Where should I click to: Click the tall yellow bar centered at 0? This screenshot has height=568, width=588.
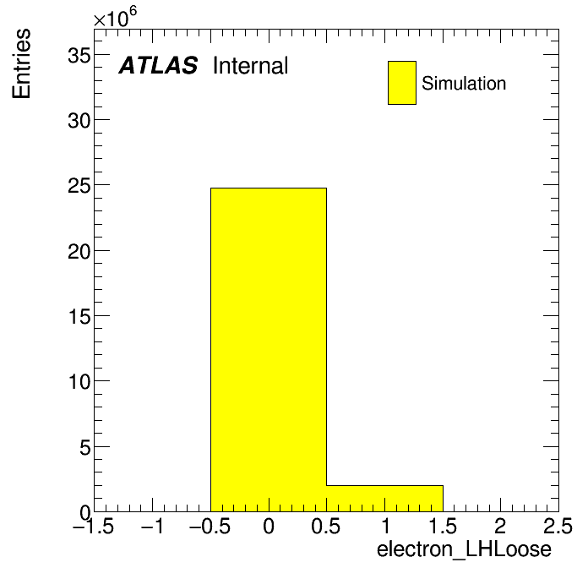tap(269, 350)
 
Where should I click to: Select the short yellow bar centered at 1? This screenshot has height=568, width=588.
tap(384, 499)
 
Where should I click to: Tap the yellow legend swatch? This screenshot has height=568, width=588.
tap(402, 83)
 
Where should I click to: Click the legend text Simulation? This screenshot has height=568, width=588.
tap(464, 84)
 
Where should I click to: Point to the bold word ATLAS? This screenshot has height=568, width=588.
tap(158, 65)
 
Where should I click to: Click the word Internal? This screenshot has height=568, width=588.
tap(251, 65)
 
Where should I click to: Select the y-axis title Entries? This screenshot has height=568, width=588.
tap(21, 63)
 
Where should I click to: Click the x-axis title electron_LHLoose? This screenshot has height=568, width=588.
tap(465, 550)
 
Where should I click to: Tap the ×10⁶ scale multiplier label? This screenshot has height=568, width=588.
tap(115, 17)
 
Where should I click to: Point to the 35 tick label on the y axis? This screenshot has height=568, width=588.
tap(79, 56)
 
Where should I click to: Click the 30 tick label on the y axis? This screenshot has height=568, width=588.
tap(79, 121)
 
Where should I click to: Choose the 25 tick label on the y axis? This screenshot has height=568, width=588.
tap(79, 186)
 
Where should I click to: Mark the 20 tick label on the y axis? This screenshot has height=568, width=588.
tap(79, 252)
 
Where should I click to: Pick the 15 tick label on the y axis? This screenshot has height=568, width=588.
tap(79, 317)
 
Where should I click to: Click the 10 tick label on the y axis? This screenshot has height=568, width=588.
tap(79, 382)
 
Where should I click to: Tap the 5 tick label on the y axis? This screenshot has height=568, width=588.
tap(85, 448)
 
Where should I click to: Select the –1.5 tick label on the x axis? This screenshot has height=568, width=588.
tap(94, 527)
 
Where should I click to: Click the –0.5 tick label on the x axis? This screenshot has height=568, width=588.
tap(210, 527)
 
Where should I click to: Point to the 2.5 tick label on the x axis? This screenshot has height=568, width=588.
tap(558, 527)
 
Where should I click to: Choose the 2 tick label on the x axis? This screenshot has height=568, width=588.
tap(501, 527)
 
